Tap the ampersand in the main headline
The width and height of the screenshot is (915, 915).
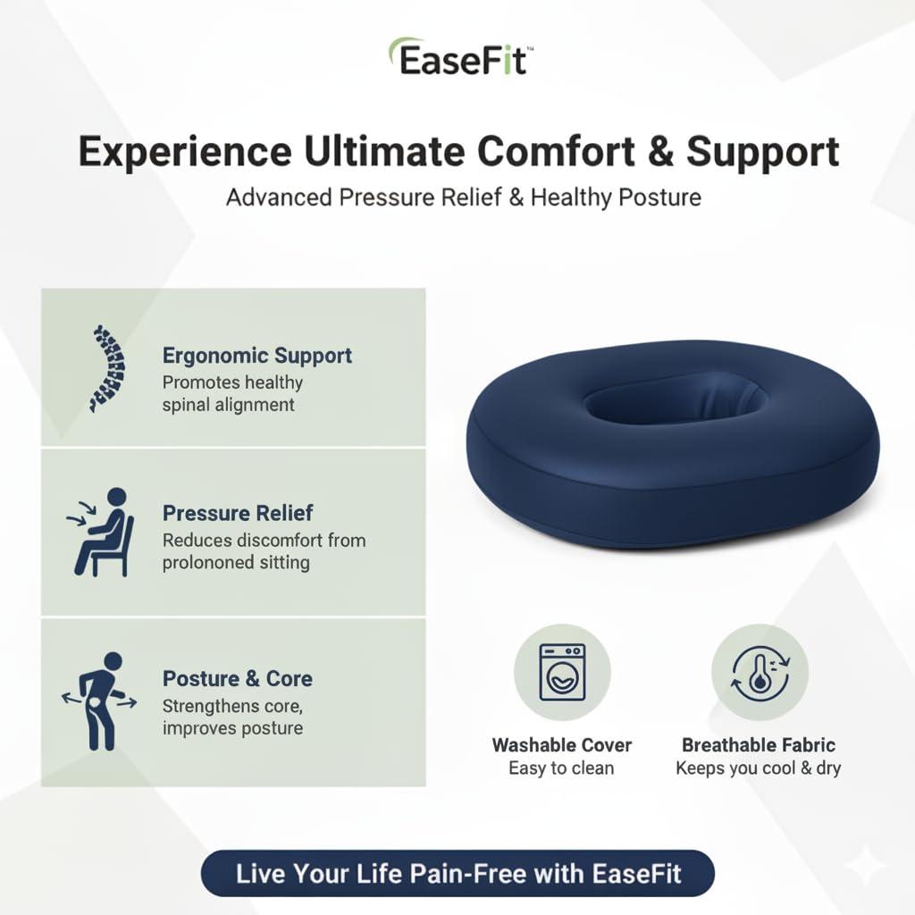656,152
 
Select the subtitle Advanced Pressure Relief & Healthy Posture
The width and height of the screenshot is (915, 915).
463,197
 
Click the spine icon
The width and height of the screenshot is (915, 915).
109,368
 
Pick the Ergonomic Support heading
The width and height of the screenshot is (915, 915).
256,356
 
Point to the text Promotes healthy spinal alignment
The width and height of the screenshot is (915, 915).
232,393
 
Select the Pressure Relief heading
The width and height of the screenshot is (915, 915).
238,513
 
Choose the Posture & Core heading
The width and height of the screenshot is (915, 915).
237,679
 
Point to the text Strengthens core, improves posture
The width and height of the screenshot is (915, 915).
232,717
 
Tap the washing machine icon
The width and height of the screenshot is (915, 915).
562,672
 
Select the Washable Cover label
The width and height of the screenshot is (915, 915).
562,745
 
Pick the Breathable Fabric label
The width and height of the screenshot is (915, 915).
759,745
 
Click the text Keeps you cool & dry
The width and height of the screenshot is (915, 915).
759,768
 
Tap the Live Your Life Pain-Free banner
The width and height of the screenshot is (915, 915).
457,873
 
